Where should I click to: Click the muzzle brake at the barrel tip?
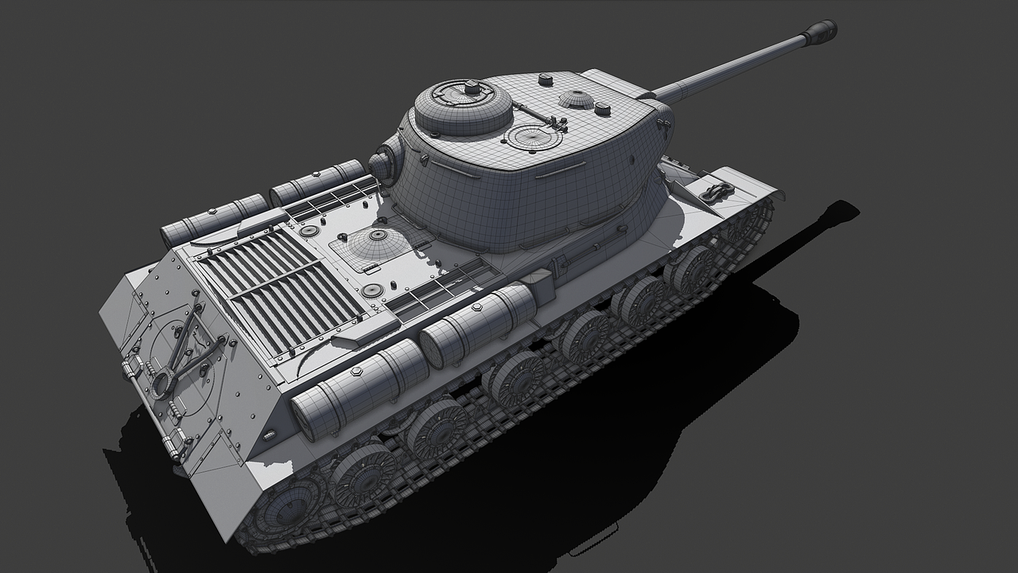coord(819,32)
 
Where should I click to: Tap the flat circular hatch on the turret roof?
coord(534,137)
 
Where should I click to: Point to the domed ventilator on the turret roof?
coord(577,99)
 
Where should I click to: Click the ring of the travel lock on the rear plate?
coord(164,384)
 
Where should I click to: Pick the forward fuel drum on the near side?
coord(478,324)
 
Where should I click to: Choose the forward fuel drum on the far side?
coord(317,182)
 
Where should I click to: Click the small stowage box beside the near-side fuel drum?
coord(539,286)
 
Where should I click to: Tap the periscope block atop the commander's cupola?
coord(472,87)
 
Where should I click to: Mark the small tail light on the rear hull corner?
coord(270,435)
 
